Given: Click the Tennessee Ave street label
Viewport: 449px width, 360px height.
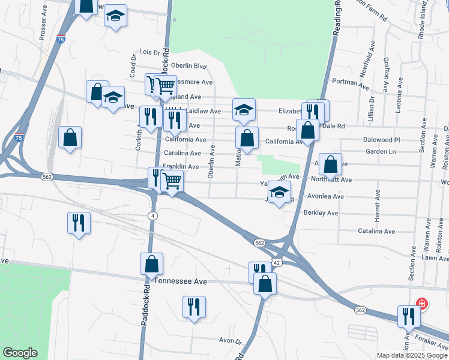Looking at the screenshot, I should coord(181,281).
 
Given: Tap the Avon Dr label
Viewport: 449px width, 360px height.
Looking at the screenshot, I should coord(230,341).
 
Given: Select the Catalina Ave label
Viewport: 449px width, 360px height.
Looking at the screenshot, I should coord(376,231).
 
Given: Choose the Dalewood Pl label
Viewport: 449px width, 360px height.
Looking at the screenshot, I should coord(382,140).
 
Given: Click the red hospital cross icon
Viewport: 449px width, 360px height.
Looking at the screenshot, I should coord(421,304).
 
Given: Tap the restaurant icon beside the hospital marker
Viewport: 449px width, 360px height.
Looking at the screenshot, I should coord(408,316).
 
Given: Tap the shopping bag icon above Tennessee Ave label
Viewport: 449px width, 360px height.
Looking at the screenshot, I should coord(151,263).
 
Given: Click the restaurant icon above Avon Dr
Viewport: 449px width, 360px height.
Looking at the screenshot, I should coord(194,307).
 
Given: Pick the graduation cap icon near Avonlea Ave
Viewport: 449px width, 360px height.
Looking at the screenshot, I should coord(279,193).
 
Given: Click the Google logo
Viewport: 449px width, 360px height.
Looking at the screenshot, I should coord(20,353).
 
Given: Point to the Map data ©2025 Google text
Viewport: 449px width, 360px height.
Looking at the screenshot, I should coord(412,355).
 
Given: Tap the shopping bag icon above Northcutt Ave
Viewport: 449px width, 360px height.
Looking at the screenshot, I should coord(330,164).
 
